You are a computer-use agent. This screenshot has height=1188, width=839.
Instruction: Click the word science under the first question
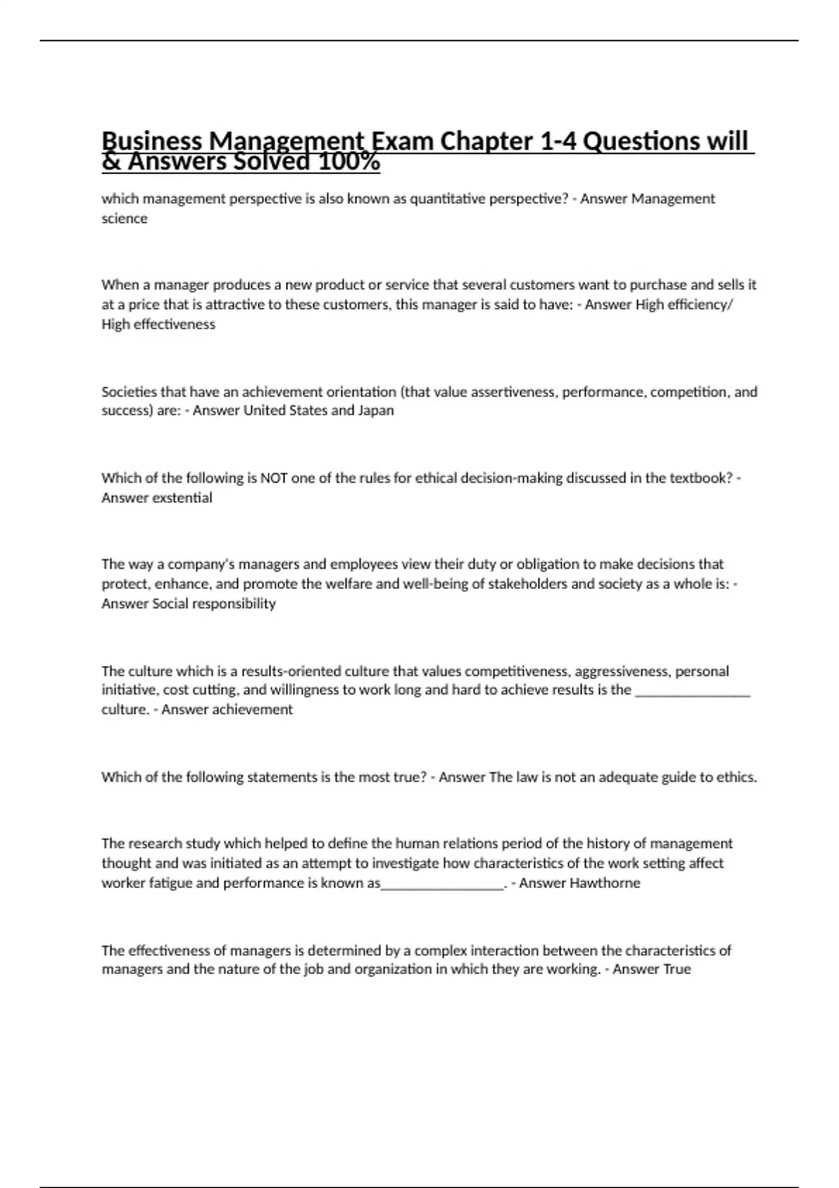point(124,219)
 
